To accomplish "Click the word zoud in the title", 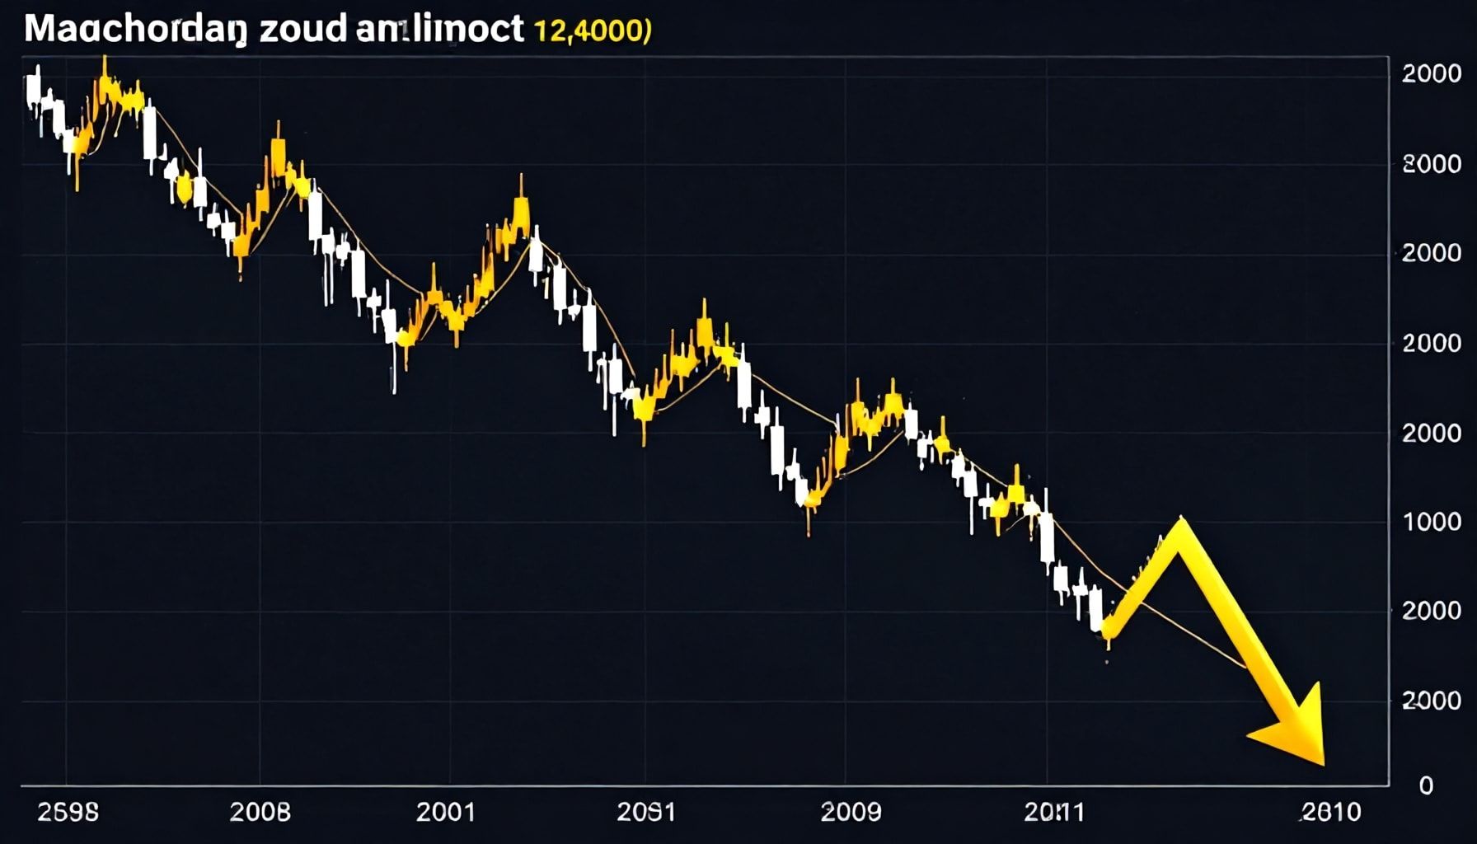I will pyautogui.click(x=302, y=29).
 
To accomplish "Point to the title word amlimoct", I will pyautogui.click(x=441, y=29).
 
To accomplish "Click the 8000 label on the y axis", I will pyautogui.click(x=1431, y=164).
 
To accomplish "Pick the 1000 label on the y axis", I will pyautogui.click(x=1431, y=522).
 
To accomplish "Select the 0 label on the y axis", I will pyautogui.click(x=1425, y=785).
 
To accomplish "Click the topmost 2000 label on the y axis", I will pyautogui.click(x=1431, y=74).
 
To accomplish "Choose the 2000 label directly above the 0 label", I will pyautogui.click(x=1431, y=701).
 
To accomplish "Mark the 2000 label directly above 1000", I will pyautogui.click(x=1431, y=433).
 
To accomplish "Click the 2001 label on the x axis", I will pyautogui.click(x=446, y=813).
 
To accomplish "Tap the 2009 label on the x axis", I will pyautogui.click(x=851, y=813).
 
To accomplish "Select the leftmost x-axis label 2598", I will pyautogui.click(x=68, y=813).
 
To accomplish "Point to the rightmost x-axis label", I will pyautogui.click(x=1331, y=813).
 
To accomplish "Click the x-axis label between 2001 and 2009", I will pyautogui.click(x=646, y=813).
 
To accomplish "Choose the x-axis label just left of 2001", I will pyautogui.click(x=260, y=813).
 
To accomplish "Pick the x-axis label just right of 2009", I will pyautogui.click(x=1053, y=813).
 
